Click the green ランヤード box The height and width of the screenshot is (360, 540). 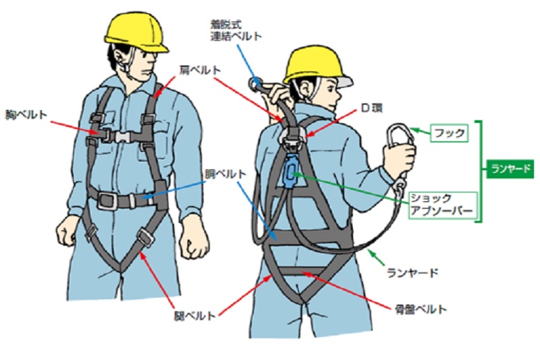[x=510, y=169]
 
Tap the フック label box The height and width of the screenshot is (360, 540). [x=449, y=132]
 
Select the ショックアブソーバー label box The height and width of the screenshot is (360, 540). [x=443, y=205]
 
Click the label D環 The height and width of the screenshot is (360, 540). [x=371, y=108]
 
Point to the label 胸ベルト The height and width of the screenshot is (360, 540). [x=26, y=114]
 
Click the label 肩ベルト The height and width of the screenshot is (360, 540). [x=200, y=70]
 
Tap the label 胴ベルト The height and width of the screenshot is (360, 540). [x=225, y=174]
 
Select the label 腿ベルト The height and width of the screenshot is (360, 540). [x=195, y=315]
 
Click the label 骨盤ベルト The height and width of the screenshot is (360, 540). [x=421, y=309]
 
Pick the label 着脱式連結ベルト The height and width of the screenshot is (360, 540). [x=236, y=30]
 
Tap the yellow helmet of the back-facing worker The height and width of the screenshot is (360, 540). [x=317, y=66]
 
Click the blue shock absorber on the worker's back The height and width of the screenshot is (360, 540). [x=291, y=171]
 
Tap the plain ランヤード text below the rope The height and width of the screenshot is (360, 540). [x=412, y=273]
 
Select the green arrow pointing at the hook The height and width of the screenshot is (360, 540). [x=420, y=131]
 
